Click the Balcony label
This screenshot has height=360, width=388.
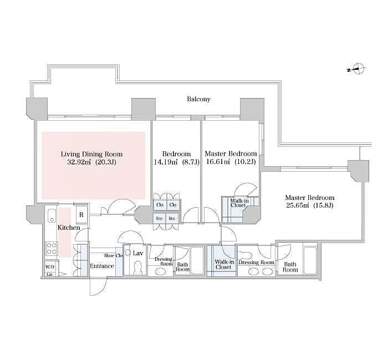[198, 100]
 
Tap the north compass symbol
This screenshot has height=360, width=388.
[358, 70]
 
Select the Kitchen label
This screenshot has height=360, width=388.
[69, 228]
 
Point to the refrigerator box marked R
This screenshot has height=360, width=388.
[81, 214]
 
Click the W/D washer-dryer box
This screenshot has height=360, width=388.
[50, 268]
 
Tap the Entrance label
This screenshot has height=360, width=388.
[102, 266]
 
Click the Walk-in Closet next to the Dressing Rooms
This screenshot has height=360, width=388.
[223, 264]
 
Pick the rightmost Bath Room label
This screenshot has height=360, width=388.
[290, 267]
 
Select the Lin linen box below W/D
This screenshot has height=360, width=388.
[49, 275]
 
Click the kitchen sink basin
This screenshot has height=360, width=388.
[52, 215]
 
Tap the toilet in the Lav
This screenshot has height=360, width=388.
[135, 266]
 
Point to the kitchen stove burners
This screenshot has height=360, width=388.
[51, 248]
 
